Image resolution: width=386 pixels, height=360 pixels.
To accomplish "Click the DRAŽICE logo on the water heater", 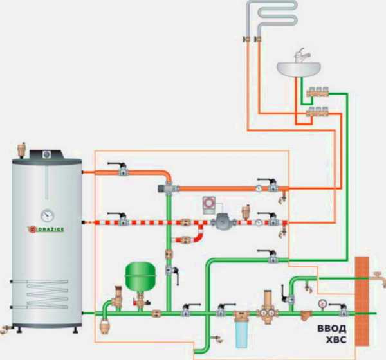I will (x=44, y=229).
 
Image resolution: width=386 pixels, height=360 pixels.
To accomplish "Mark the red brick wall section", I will (x=365, y=289).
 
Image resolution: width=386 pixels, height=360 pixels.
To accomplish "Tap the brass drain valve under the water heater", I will (x=6, y=328).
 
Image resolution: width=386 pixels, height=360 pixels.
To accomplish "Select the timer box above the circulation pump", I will (x=210, y=203).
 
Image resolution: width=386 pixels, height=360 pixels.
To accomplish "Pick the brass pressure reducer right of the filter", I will (x=265, y=312).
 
